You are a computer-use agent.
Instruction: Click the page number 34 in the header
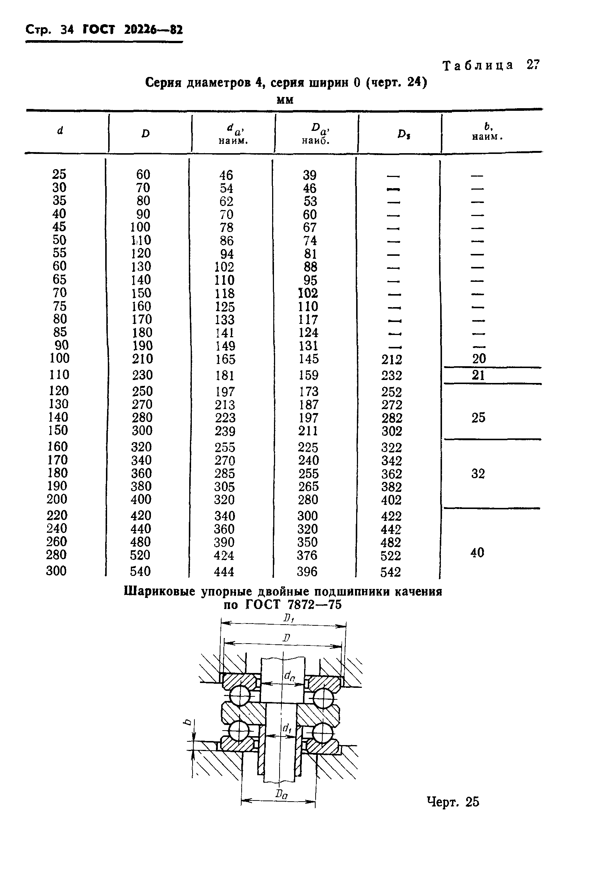pos(67,30)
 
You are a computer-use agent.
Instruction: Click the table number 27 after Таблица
pos(533,65)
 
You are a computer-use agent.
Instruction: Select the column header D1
pos(404,134)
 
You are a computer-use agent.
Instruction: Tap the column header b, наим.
pos(487,132)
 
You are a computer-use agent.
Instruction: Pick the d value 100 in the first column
pos(59,358)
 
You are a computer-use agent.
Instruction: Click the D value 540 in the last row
pos(140,571)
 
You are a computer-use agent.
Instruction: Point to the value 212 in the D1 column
pos(391,360)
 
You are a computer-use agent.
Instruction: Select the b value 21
pos(478,376)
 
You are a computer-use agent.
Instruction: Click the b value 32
pos(478,474)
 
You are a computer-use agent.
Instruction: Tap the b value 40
pos(477,552)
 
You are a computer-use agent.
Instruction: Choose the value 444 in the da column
pos(224,571)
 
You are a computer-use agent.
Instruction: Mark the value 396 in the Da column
pos(307,571)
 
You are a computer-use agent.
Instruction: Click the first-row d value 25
pos(59,174)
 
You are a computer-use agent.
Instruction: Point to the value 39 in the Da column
pos(310,175)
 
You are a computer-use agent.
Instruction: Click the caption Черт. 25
pos(453,802)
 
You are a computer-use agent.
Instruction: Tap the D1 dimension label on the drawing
pos(288,618)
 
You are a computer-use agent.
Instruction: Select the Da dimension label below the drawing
pos(281,794)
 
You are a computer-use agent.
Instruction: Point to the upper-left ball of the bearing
pos(240,695)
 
